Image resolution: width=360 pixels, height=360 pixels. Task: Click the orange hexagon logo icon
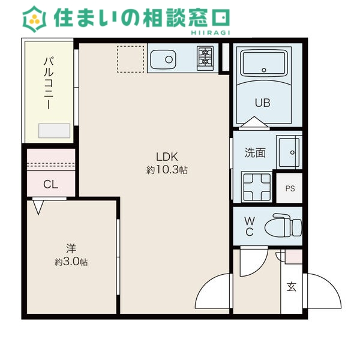pos(35,19)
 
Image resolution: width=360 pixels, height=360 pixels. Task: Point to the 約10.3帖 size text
pos(167,170)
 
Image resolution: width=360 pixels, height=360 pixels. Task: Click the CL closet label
pos(50,184)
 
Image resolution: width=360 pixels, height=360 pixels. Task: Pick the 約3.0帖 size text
pos(71,262)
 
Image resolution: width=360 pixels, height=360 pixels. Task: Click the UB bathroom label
pos(262,103)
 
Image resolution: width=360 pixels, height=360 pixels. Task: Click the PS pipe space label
pos(290,189)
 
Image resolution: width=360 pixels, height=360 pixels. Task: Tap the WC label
pos(249,226)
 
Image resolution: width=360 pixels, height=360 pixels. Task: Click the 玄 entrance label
pos(292,286)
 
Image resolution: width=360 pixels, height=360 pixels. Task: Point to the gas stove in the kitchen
pos(205,58)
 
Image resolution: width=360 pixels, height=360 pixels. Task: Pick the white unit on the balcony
pos(54,131)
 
